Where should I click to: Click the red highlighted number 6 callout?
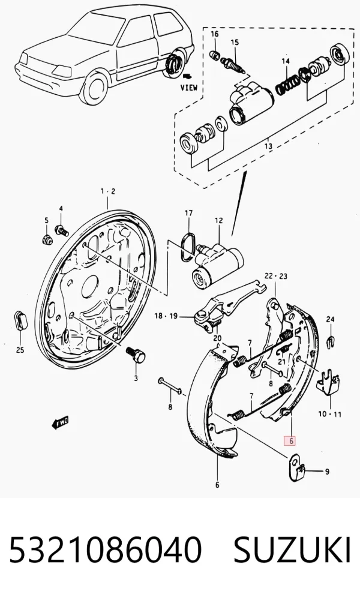pyautogui.click(x=290, y=441)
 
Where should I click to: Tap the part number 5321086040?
pyautogui.click(x=104, y=550)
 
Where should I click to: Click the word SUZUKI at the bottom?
pyautogui.click(x=292, y=550)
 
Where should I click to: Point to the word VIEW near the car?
pyautogui.click(x=189, y=88)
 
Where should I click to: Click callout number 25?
pyautogui.click(x=20, y=350)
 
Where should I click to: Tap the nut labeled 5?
pyautogui.click(x=46, y=240)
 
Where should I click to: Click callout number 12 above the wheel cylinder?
pyautogui.click(x=218, y=220)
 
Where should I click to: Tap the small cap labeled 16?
pyautogui.click(x=215, y=55)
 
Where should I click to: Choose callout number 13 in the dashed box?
pyautogui.click(x=268, y=146)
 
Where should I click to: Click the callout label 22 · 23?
pyautogui.click(x=276, y=275)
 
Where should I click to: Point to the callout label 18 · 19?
pyautogui.click(x=166, y=316)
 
